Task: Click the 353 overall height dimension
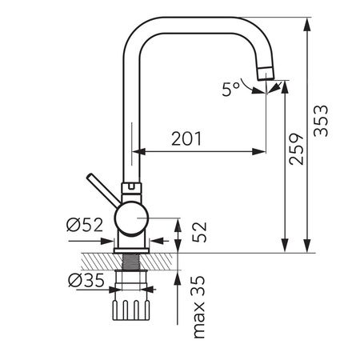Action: pyautogui.click(x=321, y=121)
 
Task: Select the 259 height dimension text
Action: pyautogui.click(x=297, y=149)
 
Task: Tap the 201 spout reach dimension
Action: pyautogui.click(x=186, y=138)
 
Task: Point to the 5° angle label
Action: pyautogui.click(x=231, y=89)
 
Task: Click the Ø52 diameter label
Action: pyautogui.click(x=85, y=226)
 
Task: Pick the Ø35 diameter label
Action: pyautogui.click(x=86, y=281)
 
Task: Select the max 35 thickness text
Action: pyautogui.click(x=199, y=306)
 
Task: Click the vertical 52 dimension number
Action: pyautogui.click(x=199, y=232)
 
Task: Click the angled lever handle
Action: pyautogui.click(x=102, y=190)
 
